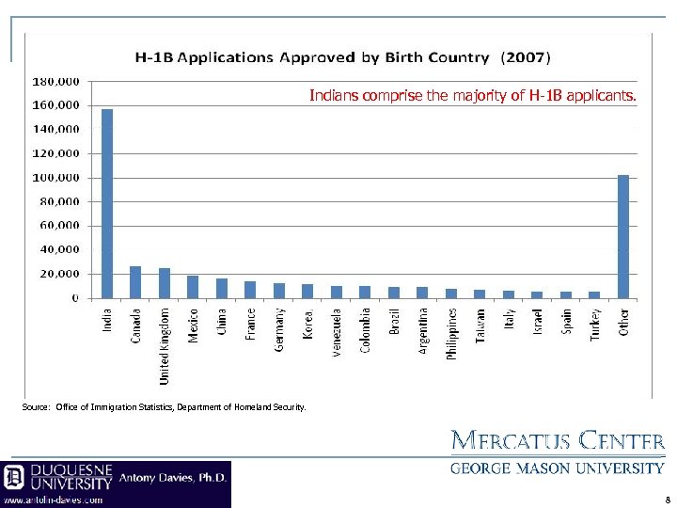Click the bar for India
click(106, 204)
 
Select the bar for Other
click(622, 237)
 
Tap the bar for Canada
click(135, 282)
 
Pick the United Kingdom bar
click(164, 283)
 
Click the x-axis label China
click(222, 324)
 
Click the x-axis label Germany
click(279, 329)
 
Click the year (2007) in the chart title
click(525, 57)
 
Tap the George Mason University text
click(559, 468)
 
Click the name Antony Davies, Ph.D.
click(173, 477)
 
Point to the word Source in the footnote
click(35, 406)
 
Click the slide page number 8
click(666, 500)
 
